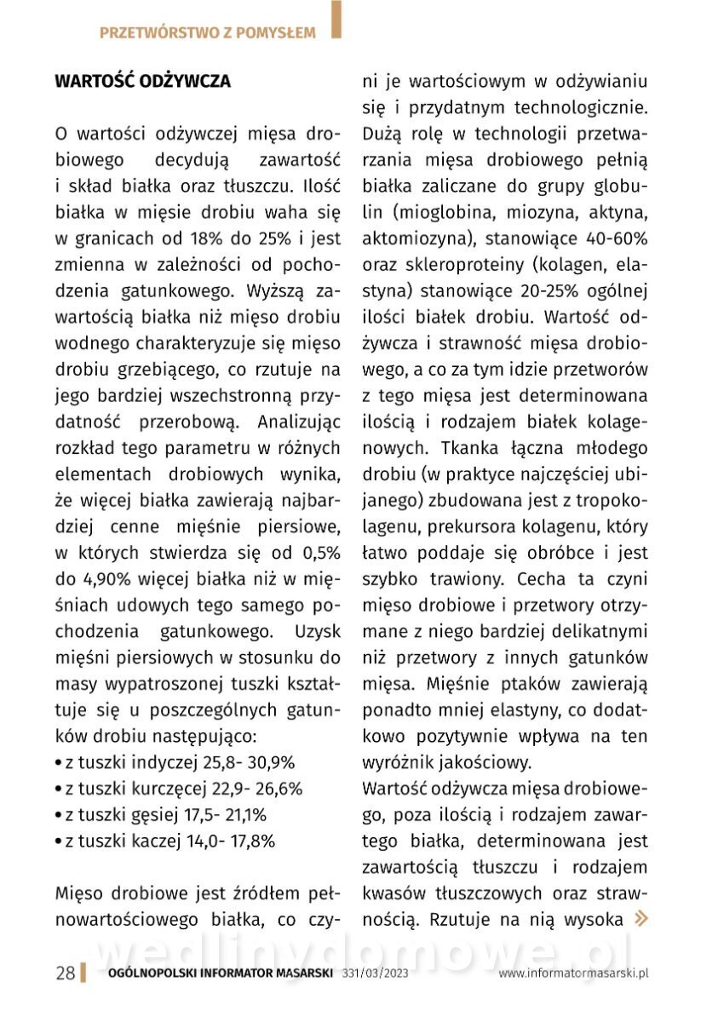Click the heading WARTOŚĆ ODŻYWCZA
click(x=142, y=82)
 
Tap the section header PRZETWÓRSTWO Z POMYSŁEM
click(x=207, y=33)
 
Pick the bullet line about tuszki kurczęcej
click(x=178, y=789)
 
